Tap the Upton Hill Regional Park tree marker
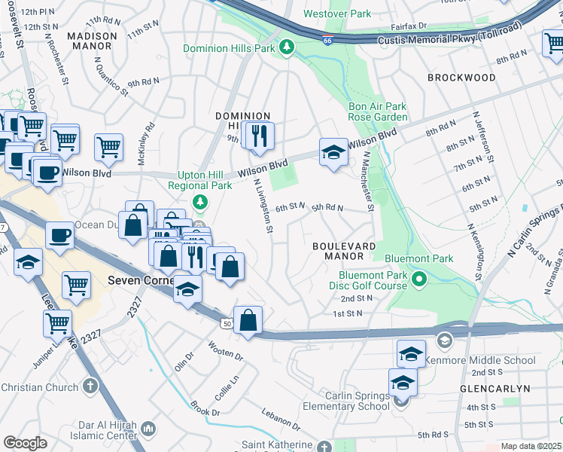point(199,201)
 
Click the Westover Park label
point(337,14)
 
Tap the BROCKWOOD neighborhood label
point(461,78)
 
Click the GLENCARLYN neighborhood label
point(495,389)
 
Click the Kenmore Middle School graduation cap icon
point(444,340)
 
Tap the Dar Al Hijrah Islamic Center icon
point(148,429)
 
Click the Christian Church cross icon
point(90,387)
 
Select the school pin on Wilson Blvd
point(333,152)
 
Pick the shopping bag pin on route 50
point(248,319)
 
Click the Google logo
point(25,443)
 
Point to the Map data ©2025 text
point(531,446)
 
